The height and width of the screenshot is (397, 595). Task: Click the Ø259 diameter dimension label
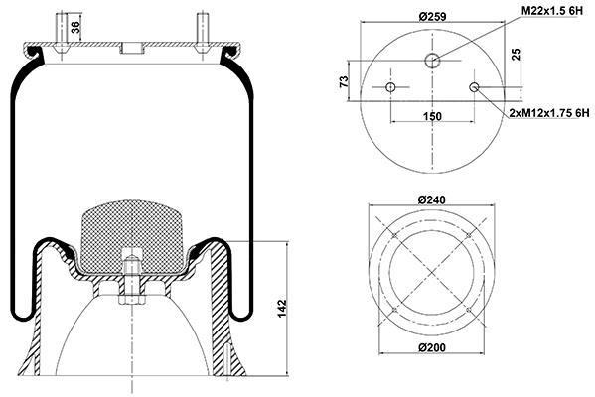pyautogui.click(x=432, y=16)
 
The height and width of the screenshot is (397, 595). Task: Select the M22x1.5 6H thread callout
pyautogui.click(x=551, y=11)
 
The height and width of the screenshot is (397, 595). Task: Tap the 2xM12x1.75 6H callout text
pyautogui.click(x=549, y=112)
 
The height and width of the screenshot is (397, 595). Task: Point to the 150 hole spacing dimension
pyautogui.click(x=432, y=116)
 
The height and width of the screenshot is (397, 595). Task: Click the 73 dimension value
pyautogui.click(x=344, y=81)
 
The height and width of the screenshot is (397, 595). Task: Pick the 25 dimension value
pyautogui.click(x=517, y=55)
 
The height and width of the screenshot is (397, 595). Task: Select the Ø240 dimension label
pyautogui.click(x=432, y=199)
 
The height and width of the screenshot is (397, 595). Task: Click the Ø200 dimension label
pyautogui.click(x=432, y=347)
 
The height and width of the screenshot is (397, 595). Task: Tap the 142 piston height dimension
pyautogui.click(x=282, y=309)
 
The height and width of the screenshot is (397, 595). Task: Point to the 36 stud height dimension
pyautogui.click(x=75, y=27)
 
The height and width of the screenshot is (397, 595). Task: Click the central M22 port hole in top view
pyautogui.click(x=432, y=60)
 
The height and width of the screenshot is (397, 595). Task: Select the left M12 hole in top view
pyautogui.click(x=390, y=87)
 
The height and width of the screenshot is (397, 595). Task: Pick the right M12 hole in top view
pyautogui.click(x=474, y=87)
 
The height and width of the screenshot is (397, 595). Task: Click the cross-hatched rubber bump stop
pyautogui.click(x=132, y=236)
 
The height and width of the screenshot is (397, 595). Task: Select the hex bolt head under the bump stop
pyautogui.click(x=132, y=300)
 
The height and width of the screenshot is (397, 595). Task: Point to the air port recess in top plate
pyautogui.click(x=132, y=50)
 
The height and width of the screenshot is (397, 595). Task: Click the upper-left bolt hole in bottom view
pyautogui.click(x=394, y=235)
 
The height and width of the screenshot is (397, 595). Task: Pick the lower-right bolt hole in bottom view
pyautogui.click(x=469, y=310)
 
